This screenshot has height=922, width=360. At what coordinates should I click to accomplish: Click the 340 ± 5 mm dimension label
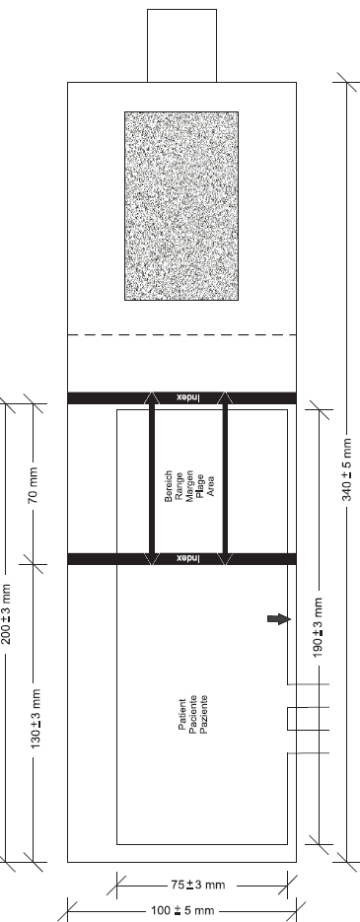pos(347,469)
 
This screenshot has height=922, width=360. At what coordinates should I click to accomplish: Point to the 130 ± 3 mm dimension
pos(36,719)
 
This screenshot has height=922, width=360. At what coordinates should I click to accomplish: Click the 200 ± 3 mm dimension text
pos(6,613)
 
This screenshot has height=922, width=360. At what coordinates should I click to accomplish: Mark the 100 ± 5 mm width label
pos(182,911)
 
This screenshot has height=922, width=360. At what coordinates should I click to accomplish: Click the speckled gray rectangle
pos(181,206)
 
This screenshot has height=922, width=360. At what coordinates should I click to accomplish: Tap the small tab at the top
pos(181,45)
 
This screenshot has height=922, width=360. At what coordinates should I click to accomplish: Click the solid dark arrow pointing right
pos(279,618)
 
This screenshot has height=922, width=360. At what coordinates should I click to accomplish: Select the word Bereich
pos(169,486)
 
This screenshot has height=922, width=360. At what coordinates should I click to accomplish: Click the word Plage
pos(200,486)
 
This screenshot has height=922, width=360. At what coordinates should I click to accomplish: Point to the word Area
pos(211,486)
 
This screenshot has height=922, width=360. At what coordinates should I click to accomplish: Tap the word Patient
pos(181,715)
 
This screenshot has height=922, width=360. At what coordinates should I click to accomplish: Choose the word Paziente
pos(204,715)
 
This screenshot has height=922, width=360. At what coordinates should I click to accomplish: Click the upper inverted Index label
pos(188,398)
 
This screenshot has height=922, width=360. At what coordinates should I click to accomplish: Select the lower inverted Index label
pos(188,558)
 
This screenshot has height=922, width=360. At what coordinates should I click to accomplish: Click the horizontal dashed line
pos(181,334)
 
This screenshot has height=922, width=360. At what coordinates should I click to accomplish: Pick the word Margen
pos(189,486)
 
